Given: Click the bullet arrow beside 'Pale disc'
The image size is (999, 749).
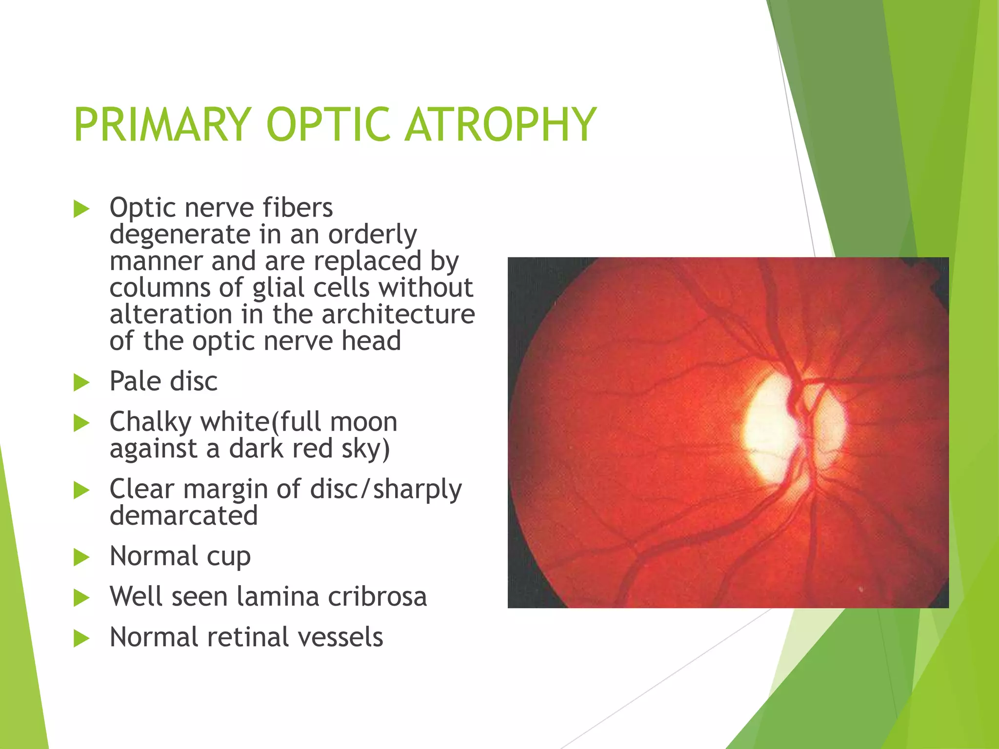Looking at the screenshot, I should click(81, 383).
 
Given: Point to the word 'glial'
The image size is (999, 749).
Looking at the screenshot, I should click(279, 287).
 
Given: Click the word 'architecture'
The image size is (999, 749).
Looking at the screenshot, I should click(398, 314).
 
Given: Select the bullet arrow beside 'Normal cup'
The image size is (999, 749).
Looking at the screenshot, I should click(81, 557).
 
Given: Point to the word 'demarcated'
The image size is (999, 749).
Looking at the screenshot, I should click(183, 516).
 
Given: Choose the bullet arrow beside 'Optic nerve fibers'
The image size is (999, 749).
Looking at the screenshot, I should click(81, 210).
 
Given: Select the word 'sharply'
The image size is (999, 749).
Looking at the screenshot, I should click(417, 490).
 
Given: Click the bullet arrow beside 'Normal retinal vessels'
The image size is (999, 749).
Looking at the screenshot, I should click(81, 638).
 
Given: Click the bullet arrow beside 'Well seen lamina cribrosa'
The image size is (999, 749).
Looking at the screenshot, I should click(81, 598).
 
